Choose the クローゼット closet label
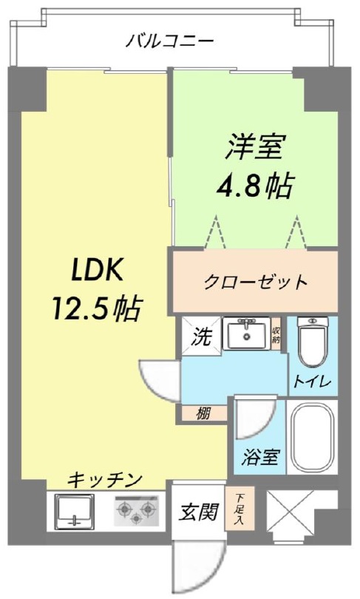(255, 282)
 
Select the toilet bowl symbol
(313, 341)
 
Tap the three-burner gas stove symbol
(136, 510)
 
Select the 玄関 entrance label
(199, 511)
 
